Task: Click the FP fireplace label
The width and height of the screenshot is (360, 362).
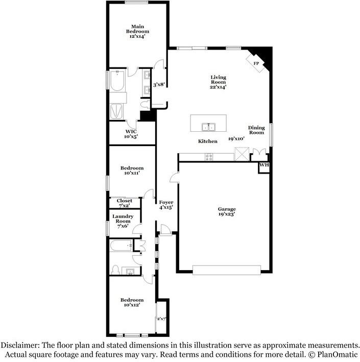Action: pyautogui.click(x=256, y=63)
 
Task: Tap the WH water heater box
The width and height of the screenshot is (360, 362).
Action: pyautogui.click(x=263, y=168)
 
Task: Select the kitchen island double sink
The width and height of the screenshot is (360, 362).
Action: pyautogui.click(x=208, y=127)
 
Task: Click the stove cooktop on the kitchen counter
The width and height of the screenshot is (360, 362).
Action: pyautogui.click(x=209, y=157)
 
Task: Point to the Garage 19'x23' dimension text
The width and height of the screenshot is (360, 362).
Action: pyautogui.click(x=227, y=214)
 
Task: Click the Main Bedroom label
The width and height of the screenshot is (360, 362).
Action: pyautogui.click(x=137, y=29)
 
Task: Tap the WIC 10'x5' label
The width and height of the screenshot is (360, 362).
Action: pyautogui.click(x=131, y=134)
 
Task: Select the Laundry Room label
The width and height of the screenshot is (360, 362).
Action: pyautogui.click(x=123, y=219)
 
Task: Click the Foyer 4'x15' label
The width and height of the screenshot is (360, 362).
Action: pyautogui.click(x=166, y=205)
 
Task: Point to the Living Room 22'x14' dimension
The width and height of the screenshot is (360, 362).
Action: pyautogui.click(x=218, y=87)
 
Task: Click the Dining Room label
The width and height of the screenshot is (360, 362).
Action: pyautogui.click(x=256, y=130)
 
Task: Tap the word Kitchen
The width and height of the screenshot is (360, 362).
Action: pyautogui.click(x=208, y=141)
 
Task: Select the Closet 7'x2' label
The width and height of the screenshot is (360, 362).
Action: pyautogui.click(x=125, y=203)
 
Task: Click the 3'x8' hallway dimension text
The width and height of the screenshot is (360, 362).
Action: pyautogui.click(x=159, y=85)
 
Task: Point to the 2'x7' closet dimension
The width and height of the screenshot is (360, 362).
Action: pyautogui.click(x=161, y=319)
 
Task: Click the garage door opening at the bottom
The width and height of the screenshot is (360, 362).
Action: pyautogui.click(x=227, y=270)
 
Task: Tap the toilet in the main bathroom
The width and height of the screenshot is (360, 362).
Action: pyautogui.click(x=145, y=104)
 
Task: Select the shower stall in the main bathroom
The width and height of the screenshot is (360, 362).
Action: pyautogui.click(x=116, y=111)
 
